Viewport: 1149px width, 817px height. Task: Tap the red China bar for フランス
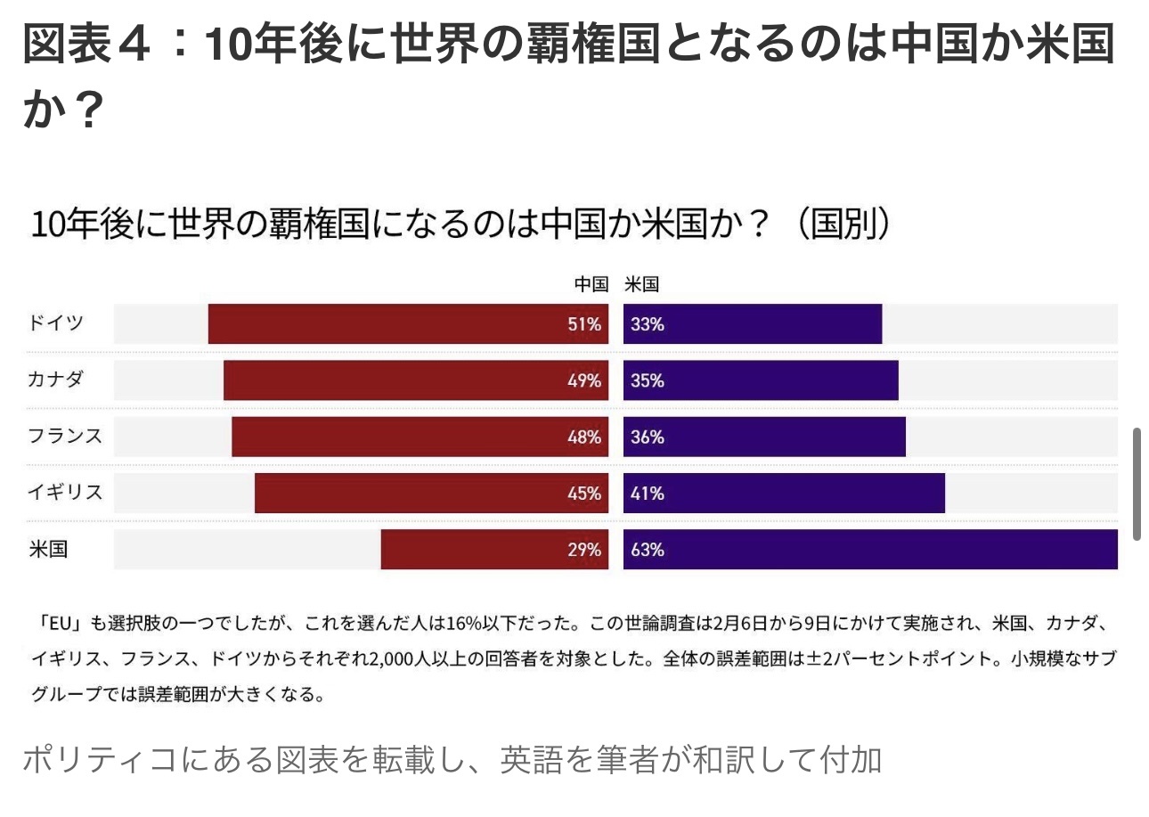pos(420,437)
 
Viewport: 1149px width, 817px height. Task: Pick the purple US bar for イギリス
pos(784,493)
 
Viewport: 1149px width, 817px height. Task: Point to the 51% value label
pos(584,324)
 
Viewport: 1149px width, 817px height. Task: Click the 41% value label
pos(648,494)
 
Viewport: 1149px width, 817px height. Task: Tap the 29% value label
pos(584,550)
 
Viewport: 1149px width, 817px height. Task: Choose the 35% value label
pos(648,380)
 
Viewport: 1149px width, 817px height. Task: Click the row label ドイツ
pos(55,323)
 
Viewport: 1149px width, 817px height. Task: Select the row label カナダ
pos(55,379)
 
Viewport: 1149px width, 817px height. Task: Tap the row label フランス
pos(64,436)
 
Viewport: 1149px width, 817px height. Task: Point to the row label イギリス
pos(64,492)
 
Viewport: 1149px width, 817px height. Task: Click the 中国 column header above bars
pos(591,285)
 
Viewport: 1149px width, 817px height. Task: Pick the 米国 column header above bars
pos(641,285)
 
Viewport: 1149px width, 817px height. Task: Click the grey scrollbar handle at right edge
pos(1137,484)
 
